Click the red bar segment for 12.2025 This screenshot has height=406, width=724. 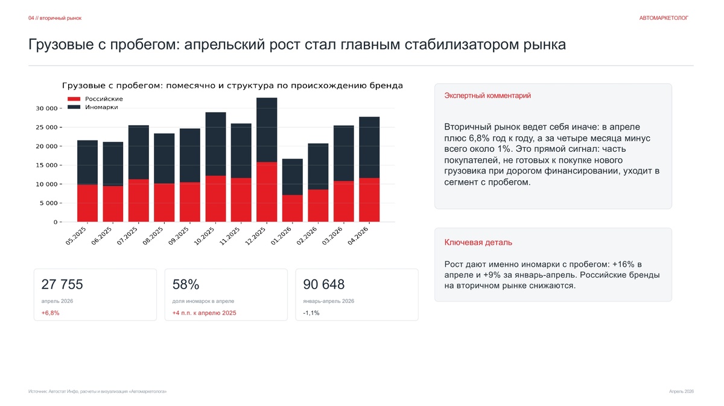pos(267,192)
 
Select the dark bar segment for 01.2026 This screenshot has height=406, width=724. pos(293,176)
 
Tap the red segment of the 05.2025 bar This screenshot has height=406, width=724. pos(87,203)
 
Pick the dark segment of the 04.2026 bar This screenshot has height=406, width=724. pos(369,147)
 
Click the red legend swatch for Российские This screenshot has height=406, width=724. pos(74,99)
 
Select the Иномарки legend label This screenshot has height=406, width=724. pos(101,107)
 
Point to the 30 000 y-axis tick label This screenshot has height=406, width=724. pos(46,108)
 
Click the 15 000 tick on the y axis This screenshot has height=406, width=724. pos(46,165)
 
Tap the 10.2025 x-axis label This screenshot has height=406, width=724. pos(204,236)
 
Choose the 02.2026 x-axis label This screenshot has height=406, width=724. pos(306,236)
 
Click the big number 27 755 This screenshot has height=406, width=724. pos(62,284)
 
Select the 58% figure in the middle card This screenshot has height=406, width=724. pos(186,284)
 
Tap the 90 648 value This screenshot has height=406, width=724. pos(324,284)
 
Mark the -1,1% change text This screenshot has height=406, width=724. pos(311,313)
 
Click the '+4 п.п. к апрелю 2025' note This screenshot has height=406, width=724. pos(205,313)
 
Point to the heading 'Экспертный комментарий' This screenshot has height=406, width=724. pos(487,96)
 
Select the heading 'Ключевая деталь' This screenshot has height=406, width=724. pos(478,242)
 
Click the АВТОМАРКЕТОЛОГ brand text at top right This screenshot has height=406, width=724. pos(664,18)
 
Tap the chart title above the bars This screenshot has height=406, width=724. pos(232,86)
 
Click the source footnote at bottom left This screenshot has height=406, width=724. pos(98,392)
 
